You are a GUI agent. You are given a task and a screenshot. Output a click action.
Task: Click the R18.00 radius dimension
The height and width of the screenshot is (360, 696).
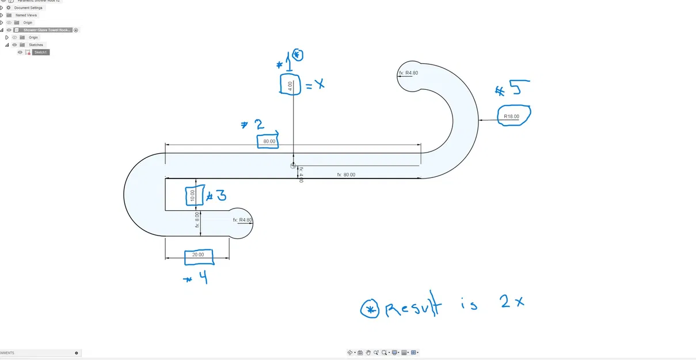pos(511,116)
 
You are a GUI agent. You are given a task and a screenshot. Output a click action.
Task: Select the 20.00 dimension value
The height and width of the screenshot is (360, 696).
pos(198,255)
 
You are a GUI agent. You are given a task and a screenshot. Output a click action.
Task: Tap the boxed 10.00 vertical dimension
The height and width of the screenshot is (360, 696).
pos(193,196)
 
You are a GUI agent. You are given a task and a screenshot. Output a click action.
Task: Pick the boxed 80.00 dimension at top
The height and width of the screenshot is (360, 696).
pos(269,141)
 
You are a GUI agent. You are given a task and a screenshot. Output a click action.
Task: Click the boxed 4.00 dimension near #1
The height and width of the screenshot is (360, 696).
pos(290,85)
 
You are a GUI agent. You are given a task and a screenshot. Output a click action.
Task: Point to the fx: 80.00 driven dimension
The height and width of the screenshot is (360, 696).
pos(346,175)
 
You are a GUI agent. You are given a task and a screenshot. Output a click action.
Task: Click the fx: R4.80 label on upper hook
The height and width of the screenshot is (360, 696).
pos(408,73)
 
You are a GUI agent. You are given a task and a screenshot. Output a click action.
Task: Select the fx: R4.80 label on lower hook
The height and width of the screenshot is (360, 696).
pos(242,220)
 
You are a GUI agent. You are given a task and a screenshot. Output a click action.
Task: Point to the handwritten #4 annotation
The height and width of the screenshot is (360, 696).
pos(196,278)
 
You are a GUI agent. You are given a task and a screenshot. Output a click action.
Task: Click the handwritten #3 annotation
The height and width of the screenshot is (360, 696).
pos(216,195)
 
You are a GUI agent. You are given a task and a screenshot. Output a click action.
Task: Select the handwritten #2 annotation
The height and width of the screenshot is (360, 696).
pos(253,125)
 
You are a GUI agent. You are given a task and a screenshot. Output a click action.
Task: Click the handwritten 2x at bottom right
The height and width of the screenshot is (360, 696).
pos(512,301)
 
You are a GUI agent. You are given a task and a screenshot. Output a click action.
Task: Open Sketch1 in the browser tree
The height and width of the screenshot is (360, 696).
pos(41,52)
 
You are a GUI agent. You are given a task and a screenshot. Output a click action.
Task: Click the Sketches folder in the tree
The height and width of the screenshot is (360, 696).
pos(36,45)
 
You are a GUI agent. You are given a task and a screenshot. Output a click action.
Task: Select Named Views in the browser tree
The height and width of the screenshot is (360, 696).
pos(26,15)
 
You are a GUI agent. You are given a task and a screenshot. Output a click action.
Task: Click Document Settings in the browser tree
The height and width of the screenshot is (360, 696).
pos(28,8)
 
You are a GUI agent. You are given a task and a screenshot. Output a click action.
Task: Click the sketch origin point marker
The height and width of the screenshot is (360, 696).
pos(293,165)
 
